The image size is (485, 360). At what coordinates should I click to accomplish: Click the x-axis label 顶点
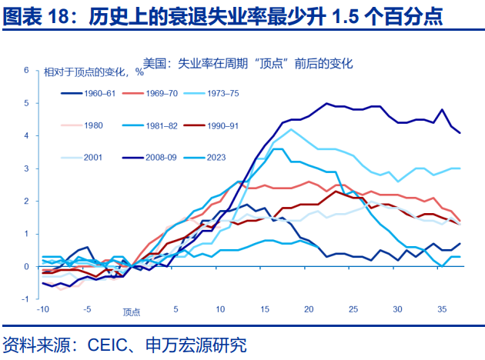click(132, 312)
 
